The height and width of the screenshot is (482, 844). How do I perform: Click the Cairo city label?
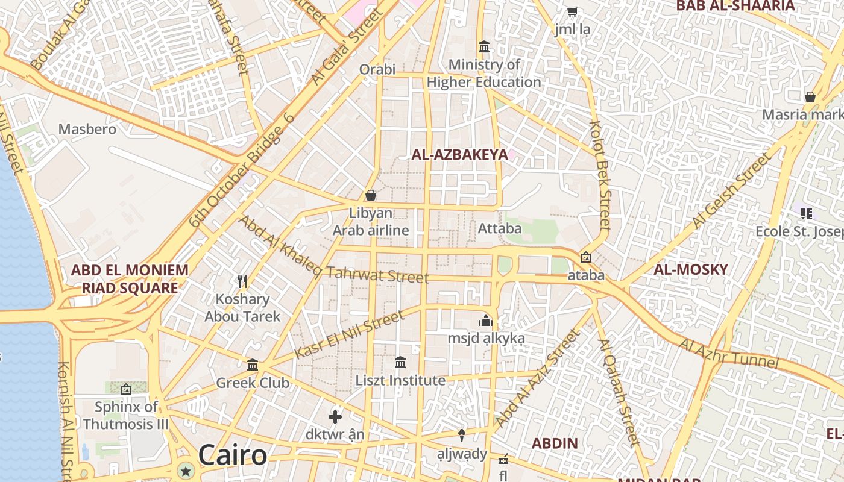click(x=232, y=455)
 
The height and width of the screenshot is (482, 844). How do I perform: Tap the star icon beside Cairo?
click(x=186, y=471)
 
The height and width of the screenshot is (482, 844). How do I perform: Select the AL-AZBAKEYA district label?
click(x=459, y=155)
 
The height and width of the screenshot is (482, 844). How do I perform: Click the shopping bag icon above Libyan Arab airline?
click(x=371, y=195)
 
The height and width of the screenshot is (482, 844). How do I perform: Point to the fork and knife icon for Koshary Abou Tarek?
click(x=242, y=281)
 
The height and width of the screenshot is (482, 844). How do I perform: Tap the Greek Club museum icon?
click(x=253, y=365)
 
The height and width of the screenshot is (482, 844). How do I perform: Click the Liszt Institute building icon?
click(x=400, y=362)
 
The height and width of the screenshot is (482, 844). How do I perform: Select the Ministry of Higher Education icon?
click(x=483, y=46)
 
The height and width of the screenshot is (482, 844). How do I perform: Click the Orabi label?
click(x=377, y=69)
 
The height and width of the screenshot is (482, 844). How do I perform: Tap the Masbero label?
click(x=87, y=129)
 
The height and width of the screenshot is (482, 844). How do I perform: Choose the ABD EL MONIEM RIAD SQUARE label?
click(x=130, y=279)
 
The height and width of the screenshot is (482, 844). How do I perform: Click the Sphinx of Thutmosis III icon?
click(x=126, y=389)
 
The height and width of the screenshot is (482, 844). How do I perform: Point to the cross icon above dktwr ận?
click(x=335, y=416)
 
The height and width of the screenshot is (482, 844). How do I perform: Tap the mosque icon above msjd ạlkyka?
click(x=486, y=321)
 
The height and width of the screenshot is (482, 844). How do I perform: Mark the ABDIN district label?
click(x=555, y=443)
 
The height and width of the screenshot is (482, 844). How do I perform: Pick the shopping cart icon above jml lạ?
click(x=573, y=11)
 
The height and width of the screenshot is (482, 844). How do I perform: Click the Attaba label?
click(x=500, y=228)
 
